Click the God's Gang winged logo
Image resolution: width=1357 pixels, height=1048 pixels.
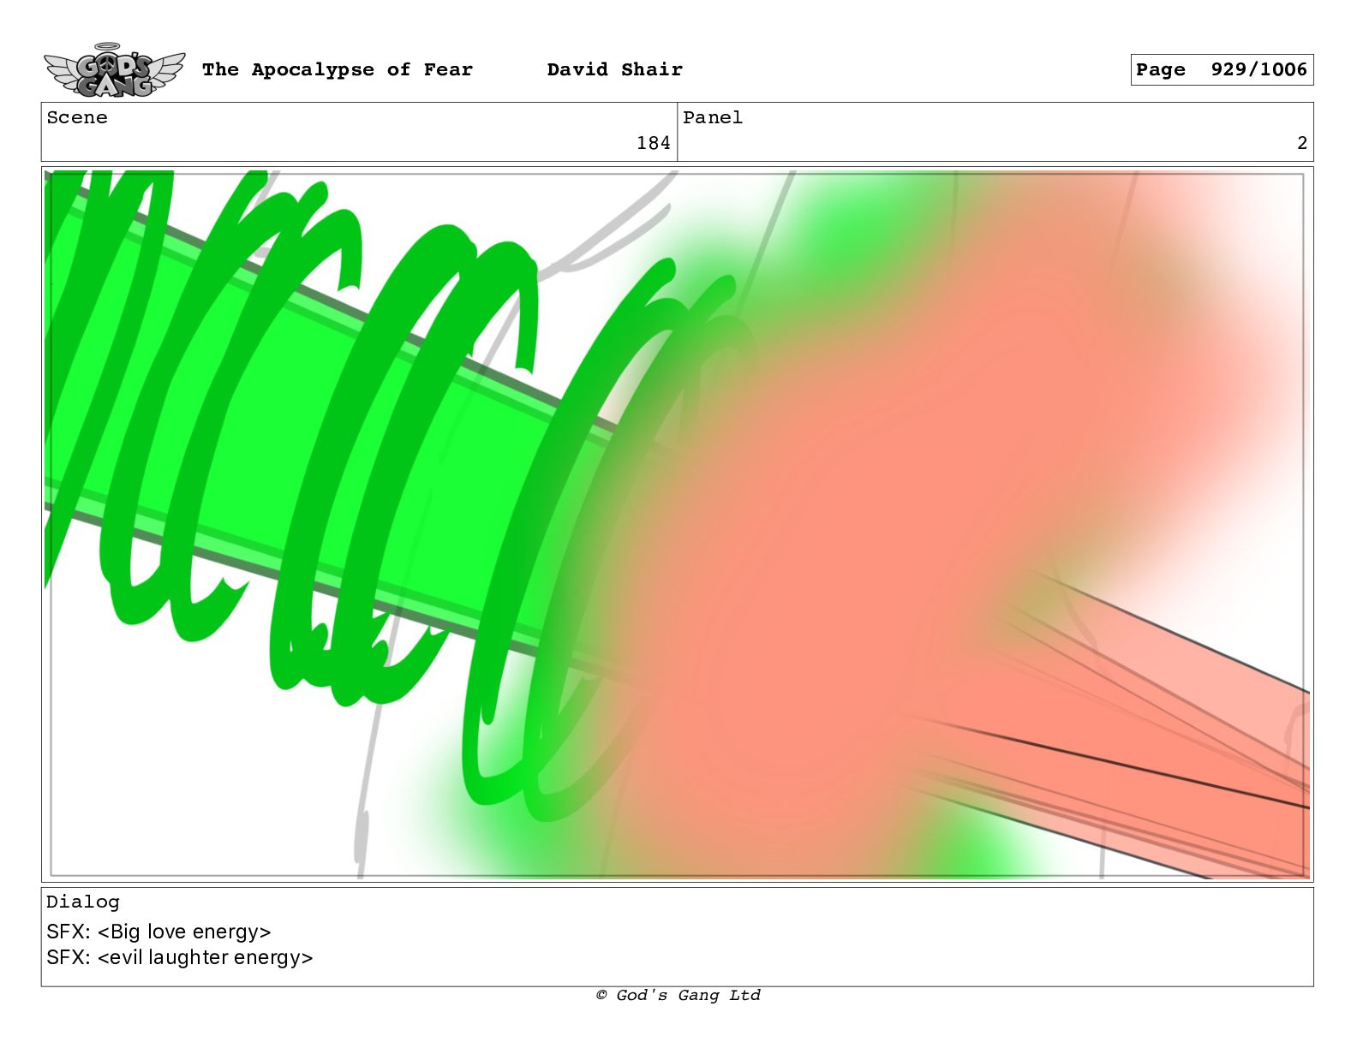coord(114,70)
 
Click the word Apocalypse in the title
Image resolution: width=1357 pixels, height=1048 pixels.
coord(313,69)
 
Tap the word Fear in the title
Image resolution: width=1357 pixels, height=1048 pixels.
coord(448,69)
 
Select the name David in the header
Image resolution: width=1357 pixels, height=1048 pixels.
coord(577,69)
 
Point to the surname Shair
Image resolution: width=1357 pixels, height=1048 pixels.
coord(652,69)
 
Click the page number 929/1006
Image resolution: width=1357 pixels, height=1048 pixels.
coord(1259,69)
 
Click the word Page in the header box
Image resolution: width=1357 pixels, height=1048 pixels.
coord(1160,70)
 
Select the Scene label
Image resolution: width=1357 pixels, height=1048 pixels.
coord(77,117)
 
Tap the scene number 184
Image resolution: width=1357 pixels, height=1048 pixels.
coord(653,143)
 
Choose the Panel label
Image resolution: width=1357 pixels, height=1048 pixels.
coord(713,117)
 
